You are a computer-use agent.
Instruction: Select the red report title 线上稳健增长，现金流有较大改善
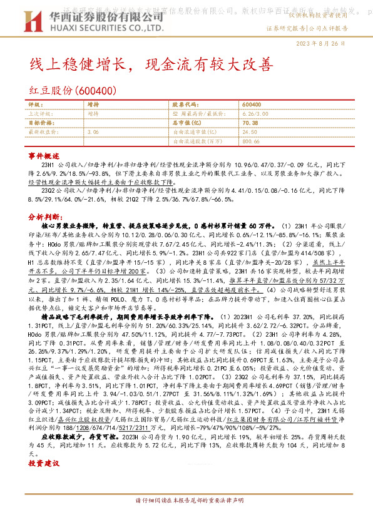click(153, 64)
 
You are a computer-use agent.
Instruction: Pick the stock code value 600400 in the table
click(250, 105)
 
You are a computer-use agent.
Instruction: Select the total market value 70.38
click(249, 123)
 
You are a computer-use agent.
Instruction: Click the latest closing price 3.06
click(93, 132)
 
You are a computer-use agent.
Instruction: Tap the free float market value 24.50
click(249, 132)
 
